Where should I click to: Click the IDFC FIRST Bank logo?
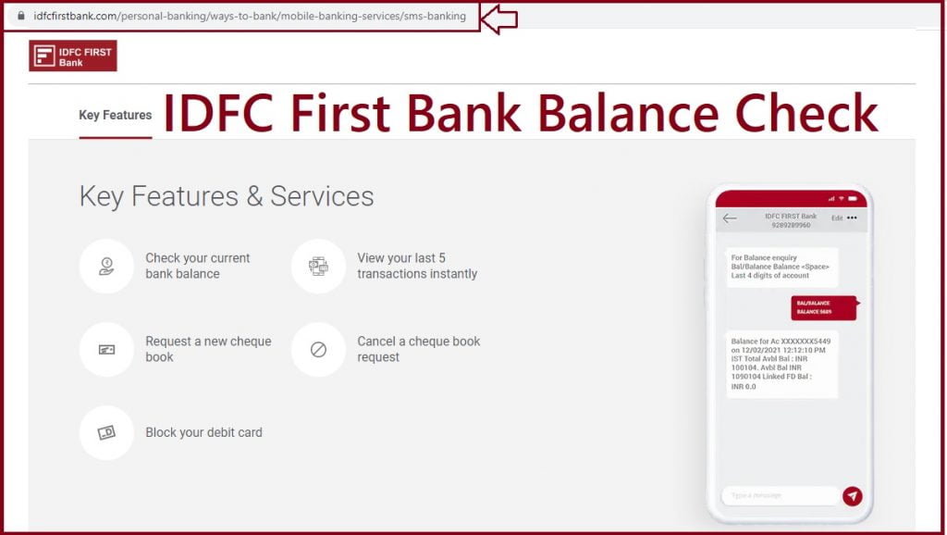73,56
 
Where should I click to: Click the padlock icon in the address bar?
20,16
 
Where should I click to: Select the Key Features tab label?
115,115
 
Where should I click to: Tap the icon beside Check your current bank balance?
106,267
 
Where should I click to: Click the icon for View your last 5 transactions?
318,267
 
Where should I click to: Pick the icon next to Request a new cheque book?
106,349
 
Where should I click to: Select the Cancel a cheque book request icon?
318,349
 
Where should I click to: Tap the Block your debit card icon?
106,432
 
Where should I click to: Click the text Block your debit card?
203,432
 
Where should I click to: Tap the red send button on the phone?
852,496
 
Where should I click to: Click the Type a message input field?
780,496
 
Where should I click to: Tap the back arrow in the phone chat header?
730,218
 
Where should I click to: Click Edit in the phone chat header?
836,218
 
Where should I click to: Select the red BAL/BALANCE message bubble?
823,307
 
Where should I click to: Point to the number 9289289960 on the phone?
790,225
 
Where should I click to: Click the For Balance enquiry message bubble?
781,267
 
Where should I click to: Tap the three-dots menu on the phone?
852,218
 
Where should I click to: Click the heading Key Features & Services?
227,196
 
